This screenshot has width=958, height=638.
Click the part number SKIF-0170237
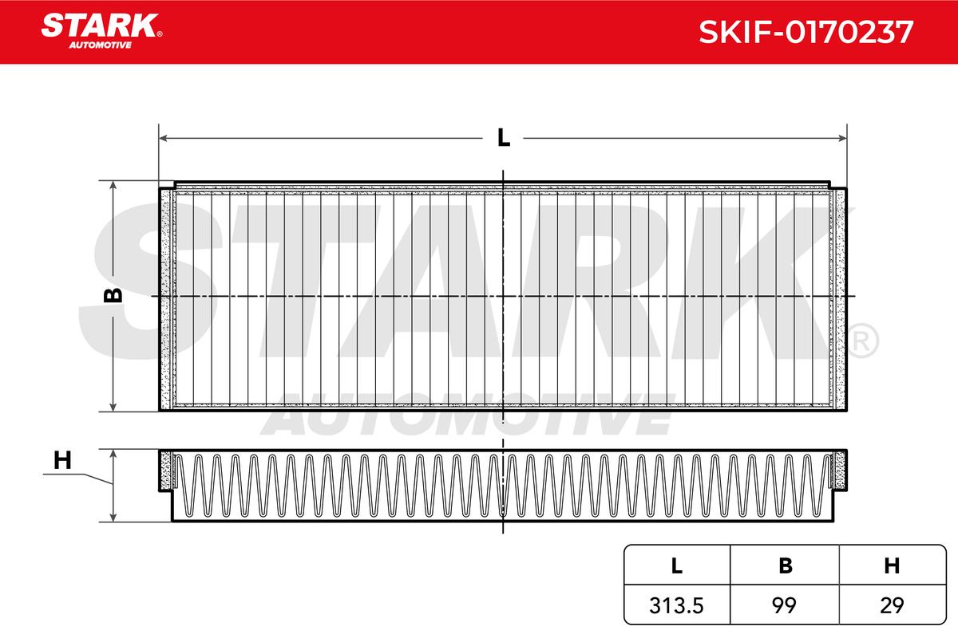(806, 32)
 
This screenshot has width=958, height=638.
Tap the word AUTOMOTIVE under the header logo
(100, 45)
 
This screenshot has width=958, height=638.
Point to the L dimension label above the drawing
(504, 138)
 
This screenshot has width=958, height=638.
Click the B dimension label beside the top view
(113, 295)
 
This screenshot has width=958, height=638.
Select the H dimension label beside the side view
(62, 461)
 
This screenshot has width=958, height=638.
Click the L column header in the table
(677, 565)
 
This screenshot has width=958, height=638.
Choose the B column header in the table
(786, 565)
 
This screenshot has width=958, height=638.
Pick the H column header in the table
(892, 565)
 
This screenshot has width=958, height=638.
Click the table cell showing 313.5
(676, 605)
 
